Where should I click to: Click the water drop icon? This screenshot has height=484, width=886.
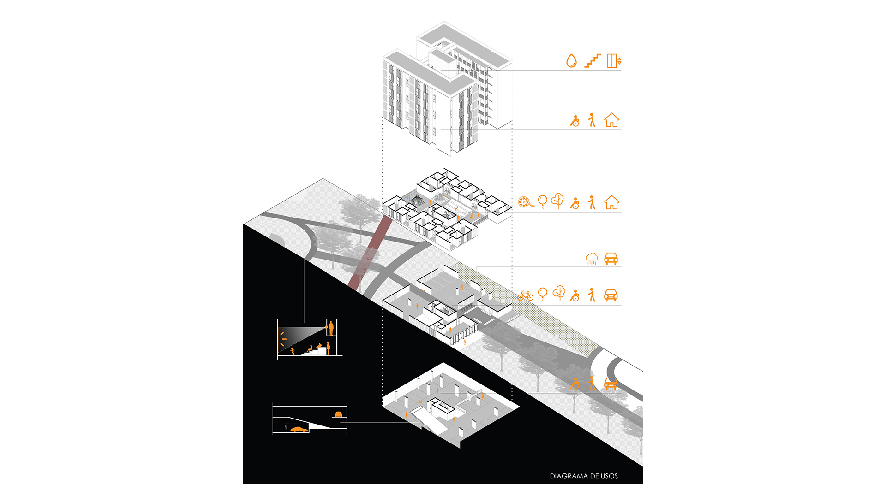point(571,61)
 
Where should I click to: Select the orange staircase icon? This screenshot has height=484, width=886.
point(593,61)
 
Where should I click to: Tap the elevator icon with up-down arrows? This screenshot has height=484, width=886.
point(614,61)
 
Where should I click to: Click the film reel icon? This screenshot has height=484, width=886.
point(525,202)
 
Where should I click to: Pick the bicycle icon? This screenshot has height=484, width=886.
point(525,295)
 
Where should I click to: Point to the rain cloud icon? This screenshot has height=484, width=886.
point(592,259)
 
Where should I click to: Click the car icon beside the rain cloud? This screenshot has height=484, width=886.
point(611,259)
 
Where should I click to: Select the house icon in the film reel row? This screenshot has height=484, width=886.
point(611,202)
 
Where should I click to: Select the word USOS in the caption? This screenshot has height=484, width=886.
point(609,476)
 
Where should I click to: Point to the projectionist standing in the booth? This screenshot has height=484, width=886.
point(331,328)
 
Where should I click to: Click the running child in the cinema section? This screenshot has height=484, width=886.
point(293,351)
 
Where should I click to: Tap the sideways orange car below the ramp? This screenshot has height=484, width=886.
point(299,429)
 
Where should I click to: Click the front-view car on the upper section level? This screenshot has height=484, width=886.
point(338,414)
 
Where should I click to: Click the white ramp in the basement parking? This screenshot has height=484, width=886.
point(429,422)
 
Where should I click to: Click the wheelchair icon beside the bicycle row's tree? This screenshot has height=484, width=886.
point(575,295)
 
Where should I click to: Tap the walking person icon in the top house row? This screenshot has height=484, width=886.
point(592,120)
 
